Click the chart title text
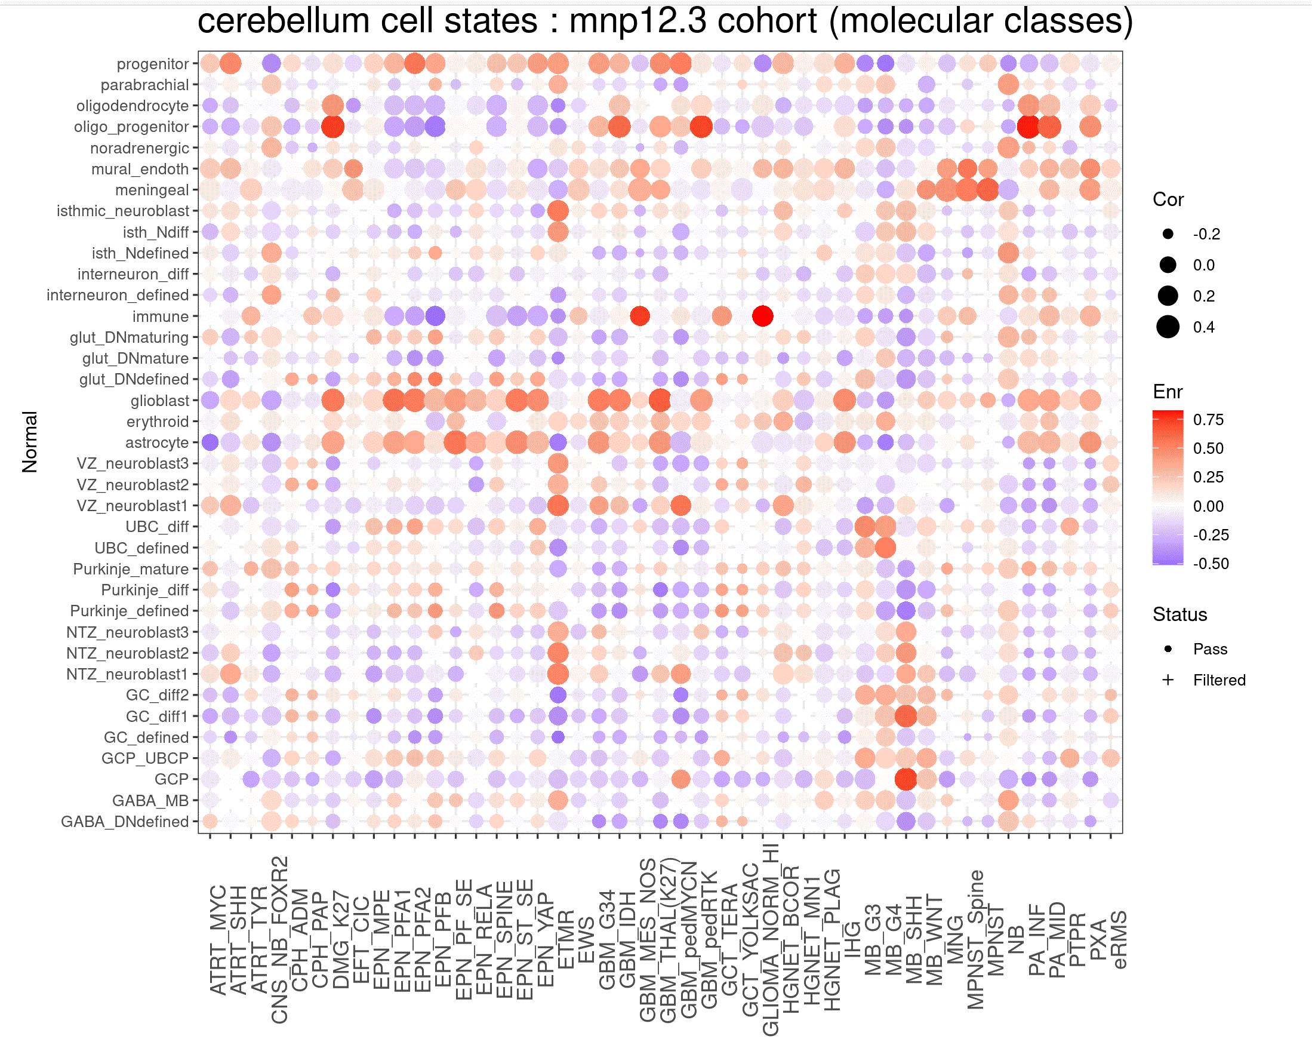664,21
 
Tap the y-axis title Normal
30,442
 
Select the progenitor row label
152,64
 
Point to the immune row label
160,316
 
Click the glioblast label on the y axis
159,401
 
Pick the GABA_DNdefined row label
124,822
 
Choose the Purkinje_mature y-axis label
130,569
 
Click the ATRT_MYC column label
218,940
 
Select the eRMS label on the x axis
1119,940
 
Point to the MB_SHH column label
914,940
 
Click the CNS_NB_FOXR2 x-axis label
279,940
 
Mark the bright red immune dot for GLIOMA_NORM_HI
762,316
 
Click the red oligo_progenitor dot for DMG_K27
333,127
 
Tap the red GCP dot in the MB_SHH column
906,779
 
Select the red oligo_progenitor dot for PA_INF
1028,127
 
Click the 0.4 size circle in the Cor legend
1167,327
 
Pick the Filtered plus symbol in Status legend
1167,680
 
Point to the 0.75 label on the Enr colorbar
1208,420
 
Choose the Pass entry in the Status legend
1209,649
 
